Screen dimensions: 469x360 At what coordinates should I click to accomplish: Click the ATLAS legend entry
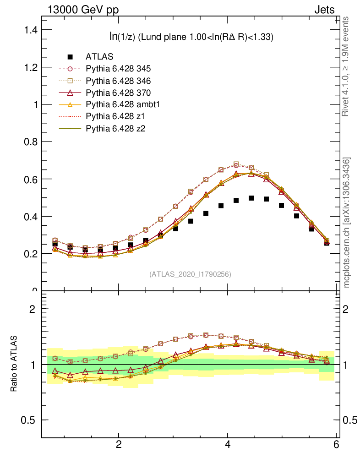(x=99, y=57)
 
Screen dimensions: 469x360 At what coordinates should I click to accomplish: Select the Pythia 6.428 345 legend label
(x=118, y=69)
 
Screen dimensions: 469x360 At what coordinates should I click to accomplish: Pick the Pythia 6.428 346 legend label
(x=118, y=81)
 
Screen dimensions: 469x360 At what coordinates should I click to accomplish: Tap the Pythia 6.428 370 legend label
(x=118, y=93)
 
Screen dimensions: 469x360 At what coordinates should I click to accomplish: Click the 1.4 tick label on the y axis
(x=29, y=30)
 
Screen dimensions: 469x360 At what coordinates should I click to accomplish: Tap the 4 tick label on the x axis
(x=228, y=445)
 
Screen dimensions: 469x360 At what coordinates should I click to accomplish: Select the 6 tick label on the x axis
(x=337, y=445)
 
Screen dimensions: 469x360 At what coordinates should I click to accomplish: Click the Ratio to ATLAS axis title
(x=14, y=364)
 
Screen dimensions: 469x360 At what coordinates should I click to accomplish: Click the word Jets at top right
(x=324, y=10)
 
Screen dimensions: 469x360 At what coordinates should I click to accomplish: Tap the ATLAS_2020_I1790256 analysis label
(x=190, y=274)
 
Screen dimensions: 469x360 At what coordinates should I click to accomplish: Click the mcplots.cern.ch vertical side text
(x=347, y=222)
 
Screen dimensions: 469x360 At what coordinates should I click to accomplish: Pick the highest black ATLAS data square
(x=251, y=198)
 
